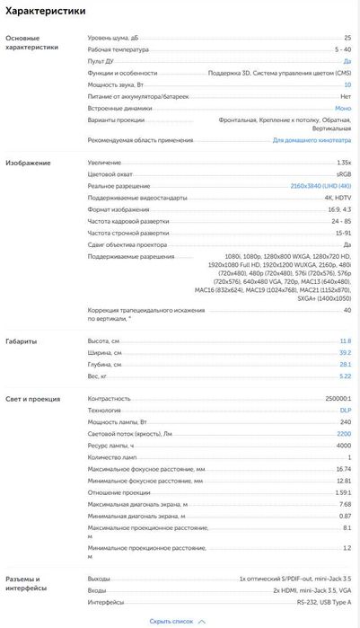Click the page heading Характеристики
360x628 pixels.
pos(46,12)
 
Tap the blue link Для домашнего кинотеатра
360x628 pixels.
pos(312,140)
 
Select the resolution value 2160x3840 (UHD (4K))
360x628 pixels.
pos(320,185)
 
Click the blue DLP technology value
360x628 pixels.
pos(346,410)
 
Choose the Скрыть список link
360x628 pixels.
pos(171,621)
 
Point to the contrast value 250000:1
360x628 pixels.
pos(338,398)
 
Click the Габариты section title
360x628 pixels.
pos(22,341)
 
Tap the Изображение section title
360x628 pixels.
pos(28,163)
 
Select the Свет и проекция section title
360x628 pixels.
pos(32,398)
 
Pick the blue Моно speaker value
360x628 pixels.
pos(343,108)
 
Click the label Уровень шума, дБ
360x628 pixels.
pos(112,38)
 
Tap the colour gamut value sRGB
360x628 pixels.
pos(344,173)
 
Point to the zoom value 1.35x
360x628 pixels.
pos(343,162)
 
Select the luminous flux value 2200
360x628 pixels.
pos(344,434)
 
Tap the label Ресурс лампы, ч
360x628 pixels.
pos(110,446)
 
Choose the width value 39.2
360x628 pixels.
pos(346,353)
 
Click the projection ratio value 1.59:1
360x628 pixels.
pos(341,492)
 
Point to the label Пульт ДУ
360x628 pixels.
pos(101,61)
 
